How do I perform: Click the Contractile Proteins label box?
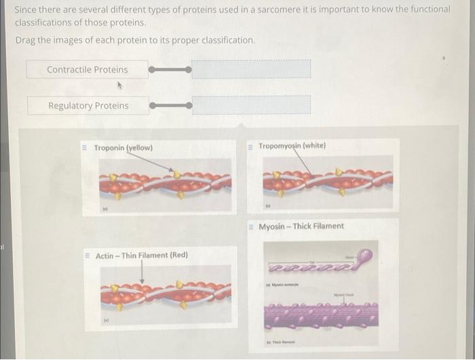[87, 69]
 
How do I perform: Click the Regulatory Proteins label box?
[88, 105]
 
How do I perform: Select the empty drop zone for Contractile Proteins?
[251, 69]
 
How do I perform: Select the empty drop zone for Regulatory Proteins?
[251, 105]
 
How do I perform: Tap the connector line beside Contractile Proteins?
[170, 69]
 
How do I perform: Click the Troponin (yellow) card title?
[123, 148]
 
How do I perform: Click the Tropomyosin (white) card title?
[292, 146]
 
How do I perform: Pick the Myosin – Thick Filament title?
[301, 226]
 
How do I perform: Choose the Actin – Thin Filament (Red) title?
[142, 256]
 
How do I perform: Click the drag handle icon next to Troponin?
[85, 148]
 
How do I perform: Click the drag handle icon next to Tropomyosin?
[250, 146]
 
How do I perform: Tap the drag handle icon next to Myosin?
[250, 226]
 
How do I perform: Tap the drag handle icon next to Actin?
[87, 256]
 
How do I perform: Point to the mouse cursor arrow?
[120, 86]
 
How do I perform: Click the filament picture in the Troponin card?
[165, 183]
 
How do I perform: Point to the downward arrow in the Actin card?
[142, 272]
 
